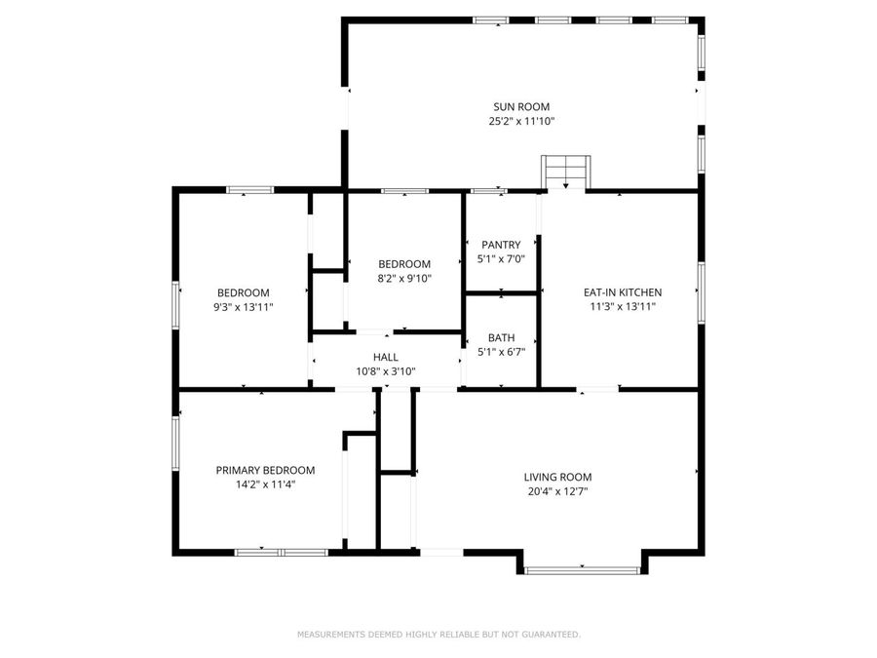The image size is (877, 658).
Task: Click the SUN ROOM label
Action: point(521,106)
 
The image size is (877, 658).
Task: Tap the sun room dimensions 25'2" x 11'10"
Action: point(521,122)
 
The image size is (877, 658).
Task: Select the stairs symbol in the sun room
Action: point(566,172)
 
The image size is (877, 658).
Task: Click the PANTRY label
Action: point(501,245)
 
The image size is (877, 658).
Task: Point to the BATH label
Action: point(501,337)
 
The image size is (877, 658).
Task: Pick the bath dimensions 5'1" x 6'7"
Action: point(501,352)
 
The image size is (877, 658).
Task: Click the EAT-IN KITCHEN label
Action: point(622,291)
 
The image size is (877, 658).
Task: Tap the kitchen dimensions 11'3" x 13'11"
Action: point(622,306)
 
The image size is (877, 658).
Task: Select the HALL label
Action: point(385,357)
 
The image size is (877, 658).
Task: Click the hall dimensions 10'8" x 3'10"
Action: point(385,371)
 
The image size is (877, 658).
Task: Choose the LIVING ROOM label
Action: point(557,477)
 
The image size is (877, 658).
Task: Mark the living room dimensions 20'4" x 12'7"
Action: point(557,491)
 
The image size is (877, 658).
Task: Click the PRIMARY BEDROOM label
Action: point(265,470)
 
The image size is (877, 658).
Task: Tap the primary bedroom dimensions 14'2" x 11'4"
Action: point(265,484)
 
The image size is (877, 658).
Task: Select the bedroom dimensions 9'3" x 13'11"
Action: point(243,306)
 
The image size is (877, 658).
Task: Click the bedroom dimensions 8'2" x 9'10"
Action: point(403,278)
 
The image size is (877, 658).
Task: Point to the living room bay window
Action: point(582,569)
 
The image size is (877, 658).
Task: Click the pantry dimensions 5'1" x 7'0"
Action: point(501,259)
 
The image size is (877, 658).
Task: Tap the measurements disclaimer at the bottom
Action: point(438,635)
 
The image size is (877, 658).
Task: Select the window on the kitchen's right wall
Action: point(700,291)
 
